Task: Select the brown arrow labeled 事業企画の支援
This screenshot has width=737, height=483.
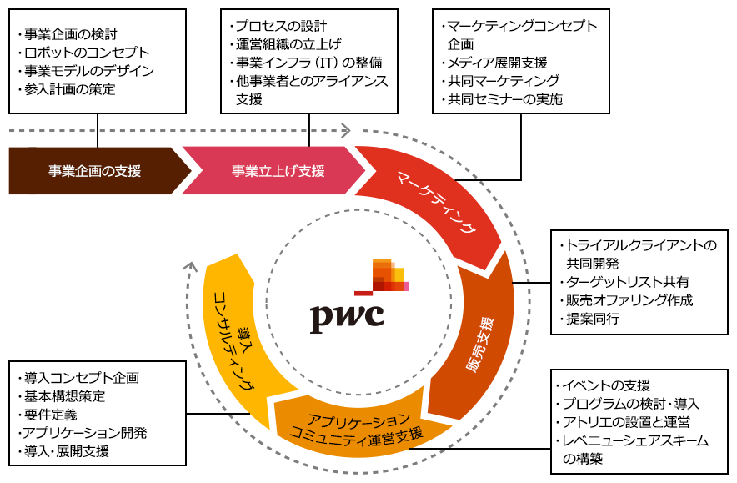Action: point(94,171)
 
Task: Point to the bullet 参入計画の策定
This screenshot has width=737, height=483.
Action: point(70,89)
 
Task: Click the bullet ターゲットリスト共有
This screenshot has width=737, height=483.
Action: point(627,282)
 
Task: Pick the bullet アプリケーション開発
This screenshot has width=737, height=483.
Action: point(85,433)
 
